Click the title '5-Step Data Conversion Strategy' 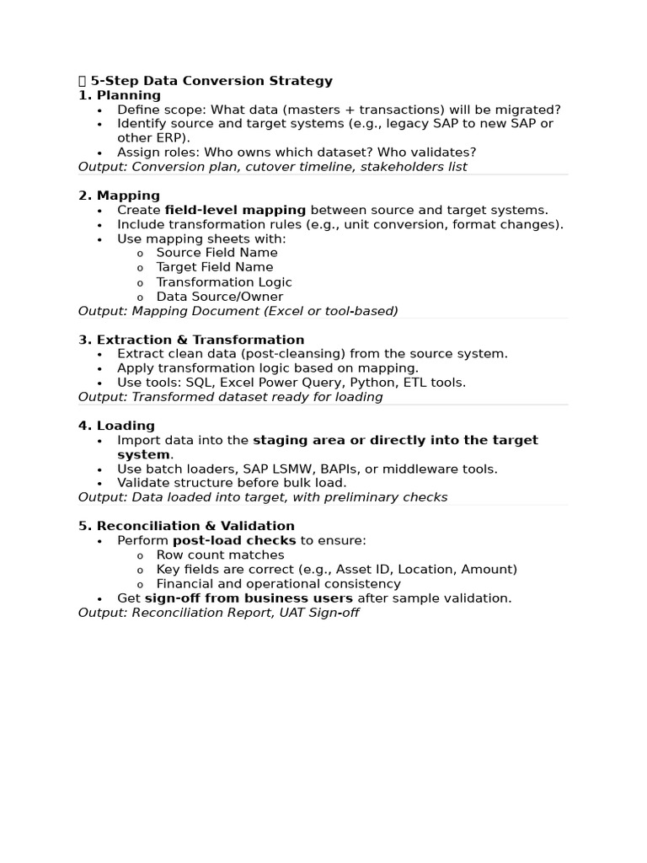(x=211, y=81)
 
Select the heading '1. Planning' (x=120, y=95)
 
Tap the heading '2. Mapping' (x=119, y=196)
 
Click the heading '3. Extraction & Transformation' (x=191, y=340)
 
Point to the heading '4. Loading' (x=116, y=426)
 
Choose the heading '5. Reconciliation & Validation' (x=186, y=526)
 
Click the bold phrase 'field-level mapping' (x=235, y=210)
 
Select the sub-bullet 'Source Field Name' (x=217, y=253)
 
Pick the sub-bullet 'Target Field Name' (x=215, y=267)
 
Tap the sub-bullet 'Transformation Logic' (x=224, y=282)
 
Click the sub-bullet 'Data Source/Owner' (x=219, y=297)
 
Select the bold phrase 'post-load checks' (x=234, y=540)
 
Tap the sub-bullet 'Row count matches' (x=220, y=555)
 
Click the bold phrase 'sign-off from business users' (x=249, y=598)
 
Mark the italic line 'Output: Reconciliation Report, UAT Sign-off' (x=218, y=613)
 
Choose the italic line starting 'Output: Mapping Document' (x=238, y=311)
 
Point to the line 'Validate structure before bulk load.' (x=232, y=483)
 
